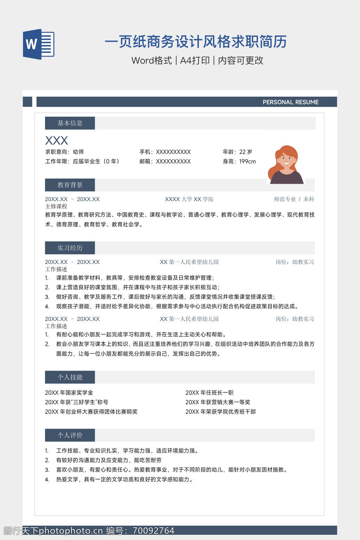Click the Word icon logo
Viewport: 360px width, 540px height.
38,44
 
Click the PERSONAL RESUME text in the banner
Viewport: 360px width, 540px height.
290,102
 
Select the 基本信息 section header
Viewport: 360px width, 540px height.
70,123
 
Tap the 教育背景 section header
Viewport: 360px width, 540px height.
70,185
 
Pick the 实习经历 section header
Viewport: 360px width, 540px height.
70,248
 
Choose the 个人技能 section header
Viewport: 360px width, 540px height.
70,377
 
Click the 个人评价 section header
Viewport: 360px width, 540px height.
70,435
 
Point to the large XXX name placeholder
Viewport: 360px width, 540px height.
57,141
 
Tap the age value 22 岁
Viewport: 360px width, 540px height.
246,152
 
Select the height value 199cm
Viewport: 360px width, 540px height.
247,161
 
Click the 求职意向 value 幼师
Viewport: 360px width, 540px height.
78,152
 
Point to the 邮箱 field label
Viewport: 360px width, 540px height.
146,161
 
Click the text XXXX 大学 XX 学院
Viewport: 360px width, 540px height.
189,199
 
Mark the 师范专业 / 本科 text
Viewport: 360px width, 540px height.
294,199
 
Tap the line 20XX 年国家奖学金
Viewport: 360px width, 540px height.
69,393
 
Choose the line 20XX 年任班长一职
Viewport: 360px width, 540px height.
210,393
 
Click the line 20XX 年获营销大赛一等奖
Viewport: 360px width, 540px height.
218,402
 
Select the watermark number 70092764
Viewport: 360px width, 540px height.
154,531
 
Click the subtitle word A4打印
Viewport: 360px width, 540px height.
195,60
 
